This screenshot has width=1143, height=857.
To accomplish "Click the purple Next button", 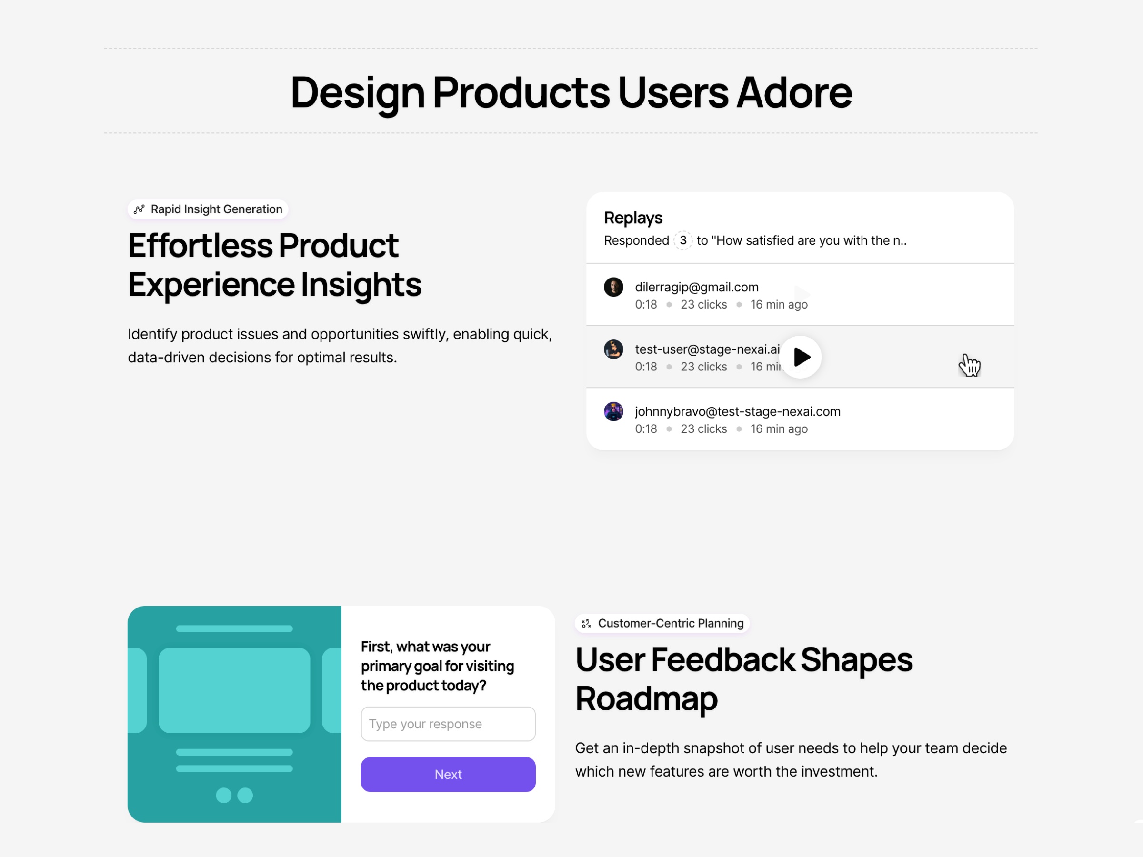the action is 448,774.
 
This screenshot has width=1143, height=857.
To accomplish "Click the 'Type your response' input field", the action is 448,724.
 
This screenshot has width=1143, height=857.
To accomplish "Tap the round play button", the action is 801,357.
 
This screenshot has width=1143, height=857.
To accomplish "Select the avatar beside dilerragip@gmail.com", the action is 613,287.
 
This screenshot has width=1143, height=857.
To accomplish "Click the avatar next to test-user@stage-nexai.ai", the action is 613,349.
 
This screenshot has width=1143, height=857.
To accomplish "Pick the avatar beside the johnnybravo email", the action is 613,412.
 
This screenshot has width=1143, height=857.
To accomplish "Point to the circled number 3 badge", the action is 682,240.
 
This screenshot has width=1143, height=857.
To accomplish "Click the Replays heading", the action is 633,218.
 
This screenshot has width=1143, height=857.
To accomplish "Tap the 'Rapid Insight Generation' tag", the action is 208,209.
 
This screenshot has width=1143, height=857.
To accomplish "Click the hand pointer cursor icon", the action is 969,365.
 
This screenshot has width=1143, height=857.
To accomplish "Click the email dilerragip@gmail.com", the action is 697,287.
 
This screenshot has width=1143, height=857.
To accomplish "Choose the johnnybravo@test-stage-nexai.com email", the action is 737,412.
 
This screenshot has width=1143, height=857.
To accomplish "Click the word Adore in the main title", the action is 794,92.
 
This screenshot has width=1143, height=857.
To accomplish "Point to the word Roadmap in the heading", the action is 646,698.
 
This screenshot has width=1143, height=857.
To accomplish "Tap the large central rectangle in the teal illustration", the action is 234,690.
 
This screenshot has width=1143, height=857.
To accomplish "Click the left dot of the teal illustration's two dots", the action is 223,795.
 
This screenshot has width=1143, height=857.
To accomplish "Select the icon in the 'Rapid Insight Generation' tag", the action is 139,209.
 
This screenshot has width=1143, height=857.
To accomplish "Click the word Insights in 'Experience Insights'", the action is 361,285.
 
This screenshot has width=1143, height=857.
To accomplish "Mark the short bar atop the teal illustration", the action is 234,628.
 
